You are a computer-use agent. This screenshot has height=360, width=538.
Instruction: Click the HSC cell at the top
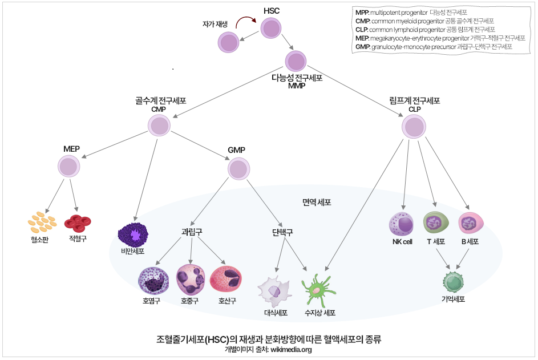(x=272, y=28)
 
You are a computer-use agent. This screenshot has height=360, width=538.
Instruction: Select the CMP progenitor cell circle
(x=159, y=126)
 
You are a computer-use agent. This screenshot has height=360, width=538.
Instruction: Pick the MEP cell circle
(x=69, y=167)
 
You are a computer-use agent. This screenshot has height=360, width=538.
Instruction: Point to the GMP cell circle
(x=238, y=168)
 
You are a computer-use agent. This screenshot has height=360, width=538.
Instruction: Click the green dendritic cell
(x=317, y=290)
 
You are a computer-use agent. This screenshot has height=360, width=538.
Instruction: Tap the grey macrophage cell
(x=275, y=291)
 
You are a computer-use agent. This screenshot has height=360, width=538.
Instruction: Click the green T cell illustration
(x=436, y=223)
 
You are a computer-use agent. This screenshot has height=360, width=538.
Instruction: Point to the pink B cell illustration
(x=471, y=223)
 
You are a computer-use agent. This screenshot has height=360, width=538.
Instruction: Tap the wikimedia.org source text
(x=291, y=350)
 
